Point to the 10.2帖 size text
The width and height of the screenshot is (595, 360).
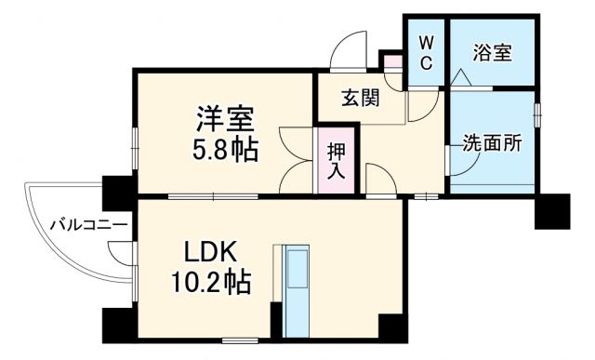pos(211,281)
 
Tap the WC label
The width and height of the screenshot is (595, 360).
pos(425,52)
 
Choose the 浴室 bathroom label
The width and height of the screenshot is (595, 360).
pos(492,52)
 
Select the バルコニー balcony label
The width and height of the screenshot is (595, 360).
pos(88,224)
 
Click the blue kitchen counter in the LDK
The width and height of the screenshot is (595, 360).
pos(298,289)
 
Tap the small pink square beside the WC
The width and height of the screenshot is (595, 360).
pos(393,63)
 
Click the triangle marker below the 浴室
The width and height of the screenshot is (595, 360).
pos(458,81)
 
